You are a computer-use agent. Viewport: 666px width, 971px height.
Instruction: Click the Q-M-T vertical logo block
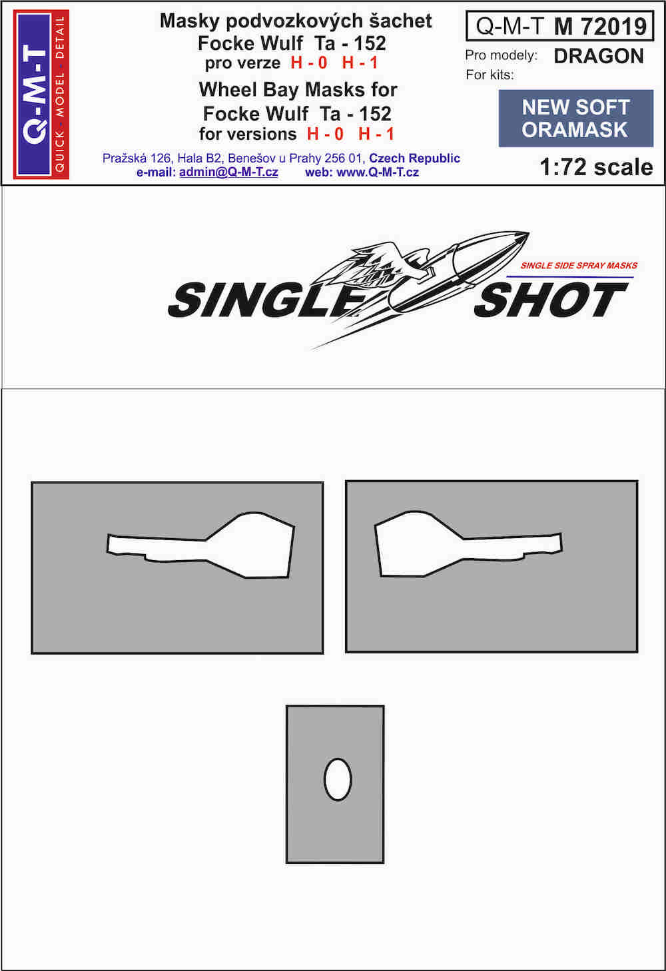point(41,94)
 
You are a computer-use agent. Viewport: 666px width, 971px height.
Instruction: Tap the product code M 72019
point(601,27)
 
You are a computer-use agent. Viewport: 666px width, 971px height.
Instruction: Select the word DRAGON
point(599,57)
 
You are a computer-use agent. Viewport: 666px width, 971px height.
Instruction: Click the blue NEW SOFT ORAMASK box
point(576,119)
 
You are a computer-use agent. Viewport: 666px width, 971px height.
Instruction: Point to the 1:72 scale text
point(596,167)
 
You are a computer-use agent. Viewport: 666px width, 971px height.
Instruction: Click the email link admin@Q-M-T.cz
point(228,172)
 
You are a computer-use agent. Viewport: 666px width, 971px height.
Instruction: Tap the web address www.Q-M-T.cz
point(378,172)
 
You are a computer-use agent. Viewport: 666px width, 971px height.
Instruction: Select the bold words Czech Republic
point(414,159)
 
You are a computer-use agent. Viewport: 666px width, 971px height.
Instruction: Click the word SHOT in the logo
point(551,300)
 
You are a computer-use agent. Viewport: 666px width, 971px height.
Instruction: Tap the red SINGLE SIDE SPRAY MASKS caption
point(579,265)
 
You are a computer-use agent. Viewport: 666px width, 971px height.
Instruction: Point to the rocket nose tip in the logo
point(529,233)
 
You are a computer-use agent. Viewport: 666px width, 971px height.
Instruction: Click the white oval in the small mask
point(338,779)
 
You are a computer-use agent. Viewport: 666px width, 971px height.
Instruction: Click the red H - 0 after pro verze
point(309,63)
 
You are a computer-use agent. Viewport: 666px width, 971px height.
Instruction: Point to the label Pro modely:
point(501,55)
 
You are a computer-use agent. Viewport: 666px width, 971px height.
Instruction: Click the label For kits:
point(490,75)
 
